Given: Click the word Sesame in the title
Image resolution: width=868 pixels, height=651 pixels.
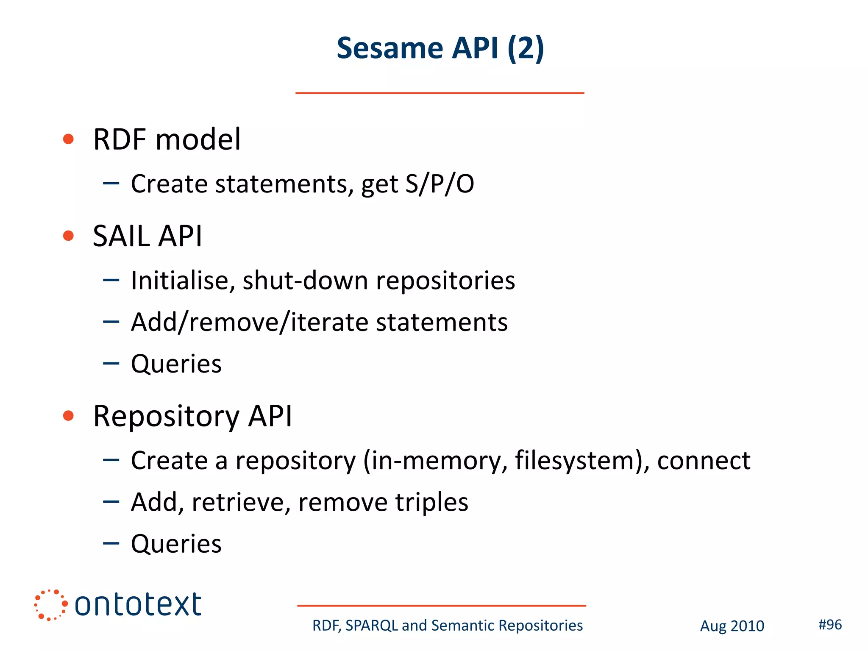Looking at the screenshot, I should (389, 48).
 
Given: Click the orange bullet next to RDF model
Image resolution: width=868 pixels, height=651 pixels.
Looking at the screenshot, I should (68, 139).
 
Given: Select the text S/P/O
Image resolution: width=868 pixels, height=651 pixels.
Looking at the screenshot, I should (440, 184).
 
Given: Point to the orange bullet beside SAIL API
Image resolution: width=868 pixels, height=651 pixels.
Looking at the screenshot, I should (68, 236).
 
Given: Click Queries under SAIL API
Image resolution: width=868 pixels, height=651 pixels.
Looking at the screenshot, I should (176, 364).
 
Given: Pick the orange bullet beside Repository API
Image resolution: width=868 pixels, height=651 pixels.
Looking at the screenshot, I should (68, 416).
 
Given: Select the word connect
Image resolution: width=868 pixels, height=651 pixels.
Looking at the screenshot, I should (704, 461).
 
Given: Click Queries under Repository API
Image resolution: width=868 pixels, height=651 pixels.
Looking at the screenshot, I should (176, 544).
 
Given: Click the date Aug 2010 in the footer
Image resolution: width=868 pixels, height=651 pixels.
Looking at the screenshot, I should (732, 626).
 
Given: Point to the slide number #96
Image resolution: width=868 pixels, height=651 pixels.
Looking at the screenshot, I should (830, 625).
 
